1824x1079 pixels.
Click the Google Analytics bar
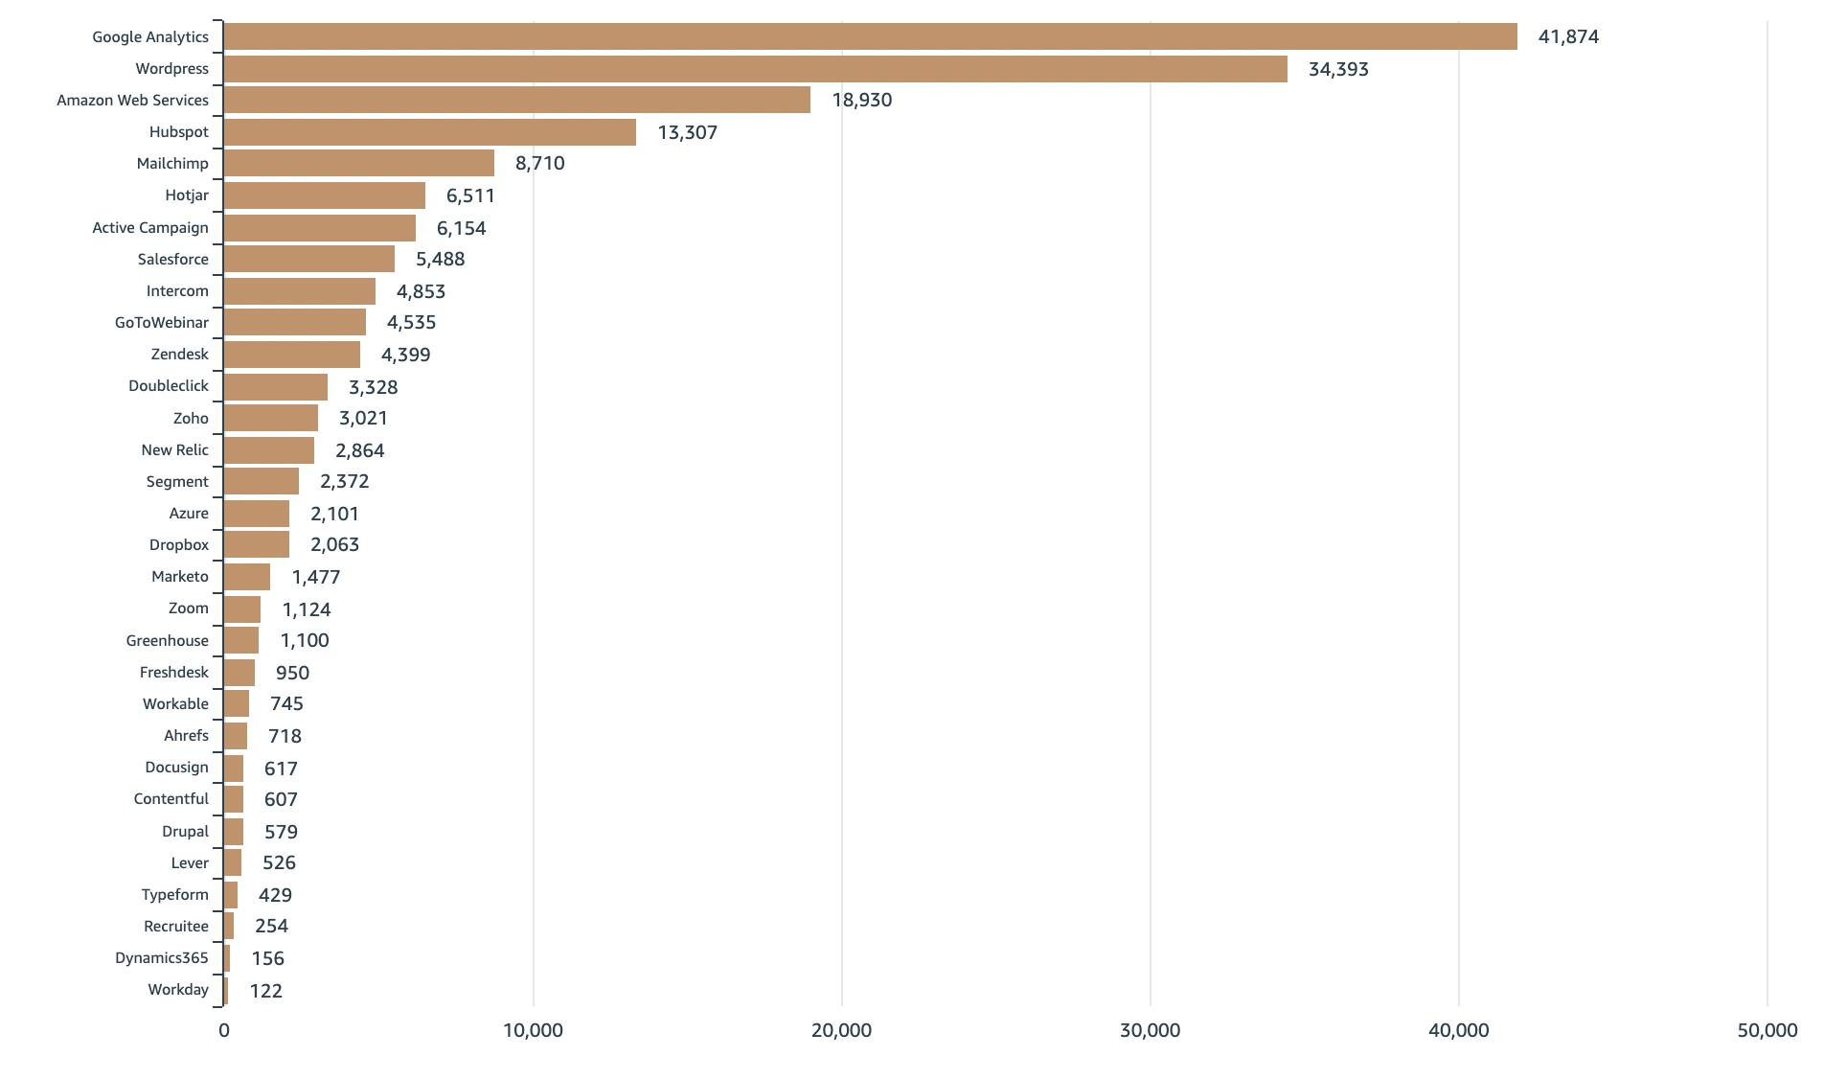870,36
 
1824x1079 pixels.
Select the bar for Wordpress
755,69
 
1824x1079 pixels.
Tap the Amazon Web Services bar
516,100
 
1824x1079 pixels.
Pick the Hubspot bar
429,132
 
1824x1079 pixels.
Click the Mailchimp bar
358,163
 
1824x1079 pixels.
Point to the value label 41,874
1568,36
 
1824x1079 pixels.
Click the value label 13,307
687,132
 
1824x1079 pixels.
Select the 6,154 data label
461,228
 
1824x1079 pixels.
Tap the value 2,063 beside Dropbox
334,544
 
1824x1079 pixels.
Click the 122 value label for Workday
265,991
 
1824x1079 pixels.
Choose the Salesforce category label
172,259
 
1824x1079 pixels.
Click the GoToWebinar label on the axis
161,322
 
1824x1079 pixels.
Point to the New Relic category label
174,449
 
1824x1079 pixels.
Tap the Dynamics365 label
161,957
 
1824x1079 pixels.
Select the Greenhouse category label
167,640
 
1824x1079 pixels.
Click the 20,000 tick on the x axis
841,1030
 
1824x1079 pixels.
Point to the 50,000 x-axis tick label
1767,1030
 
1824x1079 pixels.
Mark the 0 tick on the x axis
224,1030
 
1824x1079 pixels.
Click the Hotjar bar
324,195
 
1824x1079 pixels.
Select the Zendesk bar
291,355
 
